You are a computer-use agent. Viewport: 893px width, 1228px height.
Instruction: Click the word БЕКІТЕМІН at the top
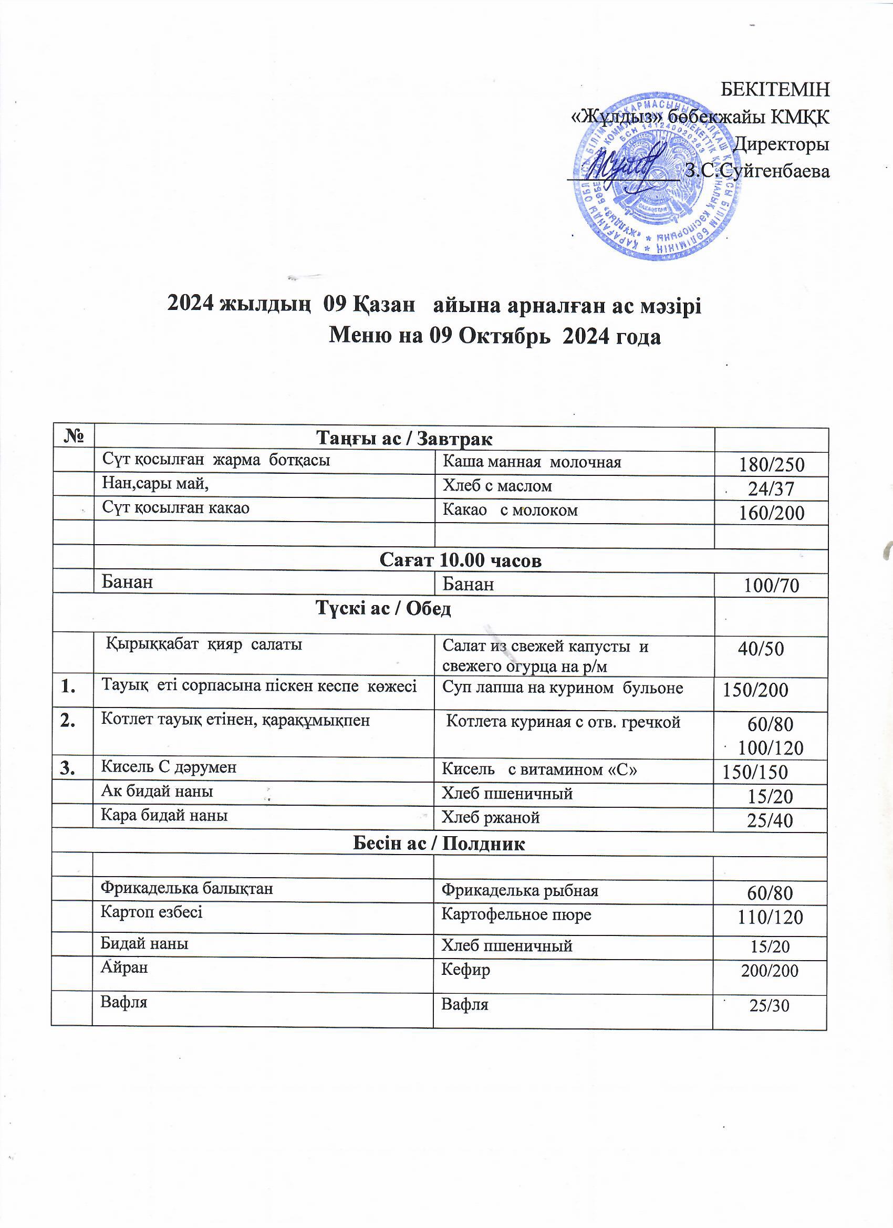point(775,89)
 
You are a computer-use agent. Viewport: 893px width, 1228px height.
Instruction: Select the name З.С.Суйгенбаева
point(757,171)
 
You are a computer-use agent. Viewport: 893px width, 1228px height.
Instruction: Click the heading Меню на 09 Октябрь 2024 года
point(495,336)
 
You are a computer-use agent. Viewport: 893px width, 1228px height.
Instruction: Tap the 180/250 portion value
point(771,464)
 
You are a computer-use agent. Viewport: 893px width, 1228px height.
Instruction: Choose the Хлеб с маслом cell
point(497,486)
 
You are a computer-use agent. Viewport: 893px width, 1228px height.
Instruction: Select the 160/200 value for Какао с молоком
point(771,513)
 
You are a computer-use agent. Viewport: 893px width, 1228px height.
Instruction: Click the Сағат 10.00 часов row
point(460,560)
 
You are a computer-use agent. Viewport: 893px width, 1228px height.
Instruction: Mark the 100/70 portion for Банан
point(771,585)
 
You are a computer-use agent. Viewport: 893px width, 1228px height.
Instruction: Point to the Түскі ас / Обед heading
point(383,609)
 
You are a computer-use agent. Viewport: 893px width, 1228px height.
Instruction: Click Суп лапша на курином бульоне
point(563,688)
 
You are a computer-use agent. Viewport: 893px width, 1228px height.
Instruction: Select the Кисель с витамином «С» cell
point(539,769)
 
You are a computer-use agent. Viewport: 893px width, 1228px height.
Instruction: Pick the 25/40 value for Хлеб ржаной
point(770,820)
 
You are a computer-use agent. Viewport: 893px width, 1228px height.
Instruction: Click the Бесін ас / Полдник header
point(439,844)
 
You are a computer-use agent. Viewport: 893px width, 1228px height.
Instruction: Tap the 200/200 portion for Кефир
point(770,971)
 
